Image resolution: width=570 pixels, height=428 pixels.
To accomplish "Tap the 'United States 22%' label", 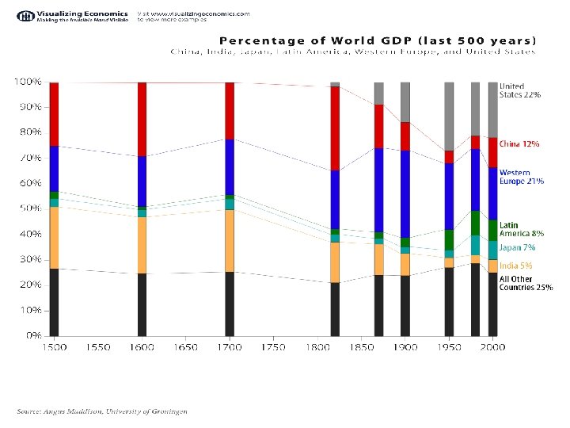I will [x=519, y=90].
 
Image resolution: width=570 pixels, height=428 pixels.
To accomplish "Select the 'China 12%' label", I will [x=519, y=144].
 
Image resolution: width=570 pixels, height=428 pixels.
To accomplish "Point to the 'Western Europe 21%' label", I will [x=521, y=177].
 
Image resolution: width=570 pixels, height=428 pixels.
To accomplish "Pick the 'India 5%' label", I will [x=515, y=266].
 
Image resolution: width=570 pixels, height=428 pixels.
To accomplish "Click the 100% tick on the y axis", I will [x=27, y=82].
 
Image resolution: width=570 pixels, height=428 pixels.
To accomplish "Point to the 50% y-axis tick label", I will [x=29, y=208].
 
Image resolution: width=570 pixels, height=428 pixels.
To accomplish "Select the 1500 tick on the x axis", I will [x=54, y=348].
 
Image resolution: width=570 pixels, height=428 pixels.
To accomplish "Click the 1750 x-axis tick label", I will [x=273, y=348].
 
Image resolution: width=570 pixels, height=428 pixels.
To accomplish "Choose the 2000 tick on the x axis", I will [x=492, y=348].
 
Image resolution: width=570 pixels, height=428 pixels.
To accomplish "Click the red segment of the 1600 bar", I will [x=142, y=119].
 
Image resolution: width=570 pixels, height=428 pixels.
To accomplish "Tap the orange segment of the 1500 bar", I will [x=54, y=238].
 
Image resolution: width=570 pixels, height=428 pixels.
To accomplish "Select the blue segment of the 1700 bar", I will [x=230, y=166].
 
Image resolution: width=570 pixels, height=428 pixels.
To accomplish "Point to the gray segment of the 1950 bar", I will [x=449, y=116].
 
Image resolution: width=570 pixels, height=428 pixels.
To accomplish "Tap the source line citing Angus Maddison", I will [x=103, y=411].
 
